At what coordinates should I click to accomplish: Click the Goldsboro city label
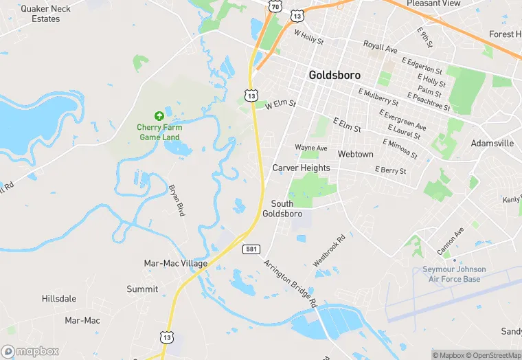coord(334,75)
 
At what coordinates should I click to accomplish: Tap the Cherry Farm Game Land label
coord(159,132)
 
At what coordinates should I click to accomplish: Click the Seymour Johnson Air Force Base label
coord(454,274)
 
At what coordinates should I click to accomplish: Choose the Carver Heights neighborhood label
coord(301,168)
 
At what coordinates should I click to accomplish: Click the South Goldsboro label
coord(282,209)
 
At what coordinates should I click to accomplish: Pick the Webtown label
coord(355,154)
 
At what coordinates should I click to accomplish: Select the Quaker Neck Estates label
coord(45,14)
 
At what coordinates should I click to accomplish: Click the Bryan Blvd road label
coord(177,200)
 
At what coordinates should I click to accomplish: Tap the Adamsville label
coord(492,144)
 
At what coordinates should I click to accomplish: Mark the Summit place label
coord(142,289)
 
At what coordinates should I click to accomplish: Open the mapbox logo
coord(30,351)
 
